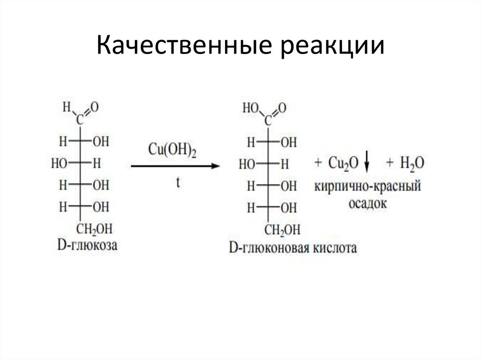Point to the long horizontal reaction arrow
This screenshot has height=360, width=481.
click(x=175, y=166)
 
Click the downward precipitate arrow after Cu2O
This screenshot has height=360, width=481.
click(x=368, y=164)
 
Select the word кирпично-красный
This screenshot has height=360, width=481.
click(x=367, y=187)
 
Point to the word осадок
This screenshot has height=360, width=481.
click(x=367, y=203)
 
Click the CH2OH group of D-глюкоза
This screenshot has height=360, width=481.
click(x=95, y=229)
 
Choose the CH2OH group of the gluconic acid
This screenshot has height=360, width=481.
click(x=282, y=230)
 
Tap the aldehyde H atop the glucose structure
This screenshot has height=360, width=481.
click(x=67, y=107)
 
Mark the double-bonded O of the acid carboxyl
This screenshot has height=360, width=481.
click(x=282, y=108)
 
